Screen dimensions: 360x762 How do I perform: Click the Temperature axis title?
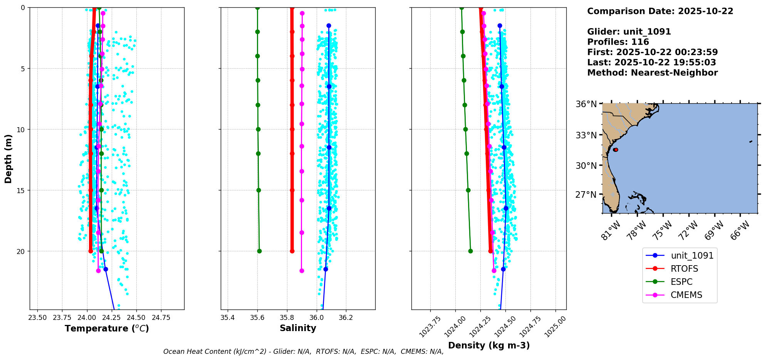click(107, 328)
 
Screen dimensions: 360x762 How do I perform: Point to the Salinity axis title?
click(298, 328)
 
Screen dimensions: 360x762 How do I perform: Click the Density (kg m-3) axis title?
click(489, 345)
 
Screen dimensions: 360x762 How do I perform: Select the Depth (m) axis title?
click(8, 159)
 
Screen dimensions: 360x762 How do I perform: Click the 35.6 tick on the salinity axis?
click(257, 318)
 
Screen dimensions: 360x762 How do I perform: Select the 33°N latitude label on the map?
click(586, 135)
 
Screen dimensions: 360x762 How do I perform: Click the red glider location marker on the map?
click(616, 150)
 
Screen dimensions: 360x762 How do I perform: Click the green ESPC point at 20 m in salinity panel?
click(259, 251)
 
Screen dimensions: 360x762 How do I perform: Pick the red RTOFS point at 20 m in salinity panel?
click(292, 251)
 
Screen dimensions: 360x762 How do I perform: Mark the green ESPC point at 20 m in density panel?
click(470, 251)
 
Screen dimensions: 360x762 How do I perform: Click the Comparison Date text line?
click(660, 11)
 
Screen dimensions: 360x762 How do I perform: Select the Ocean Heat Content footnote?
click(303, 352)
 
